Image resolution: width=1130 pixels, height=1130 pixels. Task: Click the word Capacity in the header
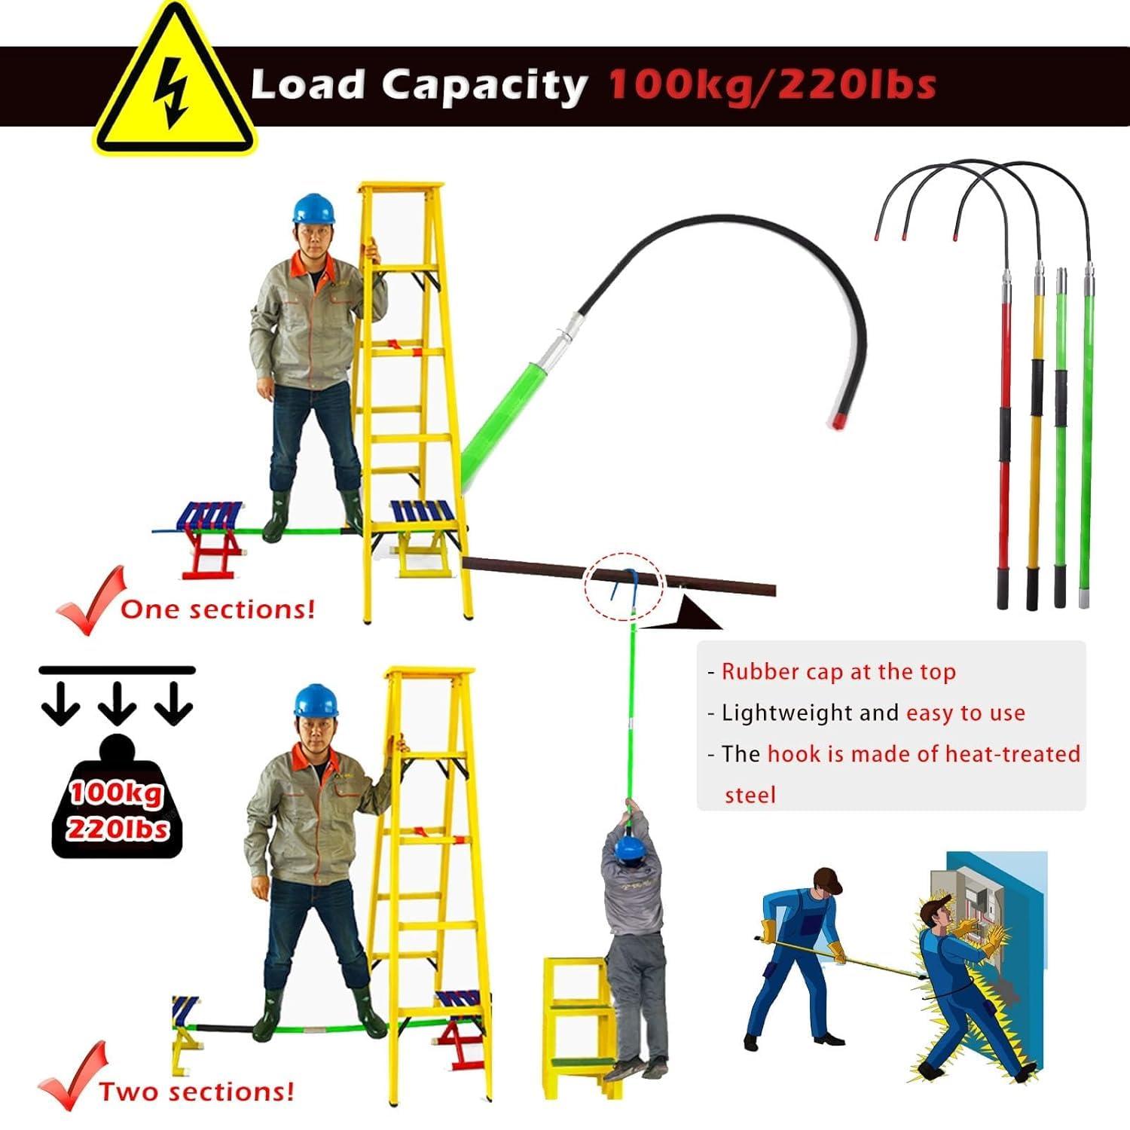click(x=485, y=86)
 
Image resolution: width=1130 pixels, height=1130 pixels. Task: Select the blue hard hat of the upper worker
click(x=313, y=208)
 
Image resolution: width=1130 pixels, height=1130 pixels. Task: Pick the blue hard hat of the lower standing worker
click(x=316, y=701)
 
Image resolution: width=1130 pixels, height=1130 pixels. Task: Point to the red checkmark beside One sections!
click(x=89, y=600)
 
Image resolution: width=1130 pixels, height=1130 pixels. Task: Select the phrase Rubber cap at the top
click(x=838, y=672)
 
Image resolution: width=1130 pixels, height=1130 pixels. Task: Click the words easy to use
click(x=965, y=713)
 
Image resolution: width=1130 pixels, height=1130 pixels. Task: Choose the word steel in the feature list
click(x=750, y=795)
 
